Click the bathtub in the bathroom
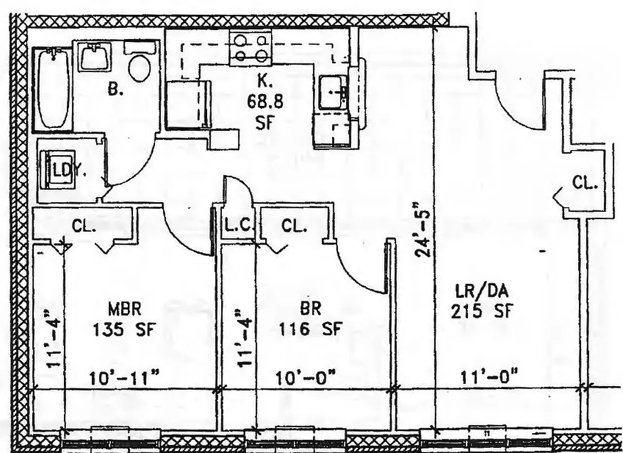point(54,88)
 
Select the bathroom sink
point(94,57)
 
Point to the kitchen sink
point(333,92)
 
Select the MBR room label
point(124,309)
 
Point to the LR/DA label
point(482,292)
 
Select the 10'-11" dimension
point(123,377)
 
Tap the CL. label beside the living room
point(584,182)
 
